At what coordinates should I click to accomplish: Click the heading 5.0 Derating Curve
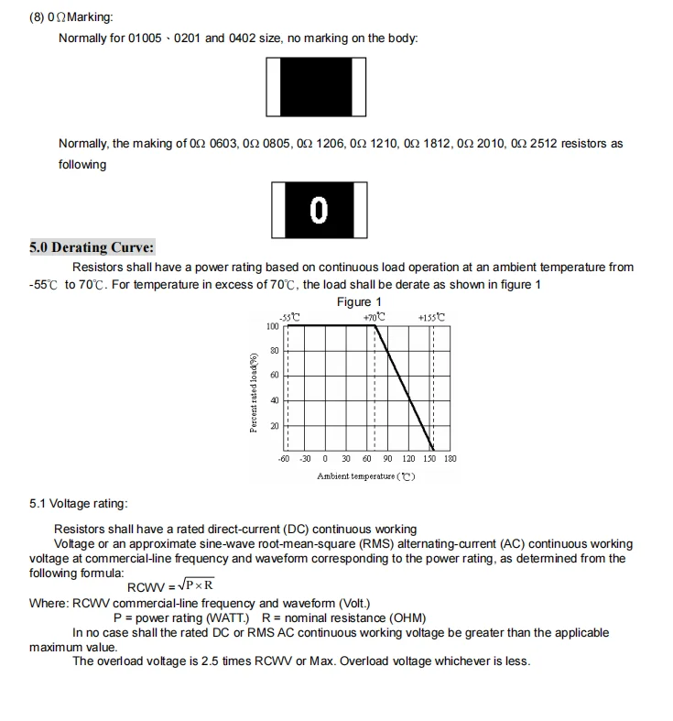pyautogui.click(x=92, y=247)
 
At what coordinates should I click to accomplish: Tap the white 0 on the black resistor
pyautogui.click(x=319, y=211)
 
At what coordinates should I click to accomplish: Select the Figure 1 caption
pyautogui.click(x=360, y=301)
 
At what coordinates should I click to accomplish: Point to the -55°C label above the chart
pyautogui.click(x=289, y=317)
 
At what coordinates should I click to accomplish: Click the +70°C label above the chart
pyautogui.click(x=374, y=317)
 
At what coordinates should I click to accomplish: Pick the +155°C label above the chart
pyautogui.click(x=431, y=317)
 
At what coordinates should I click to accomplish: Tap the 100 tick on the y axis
pyautogui.click(x=273, y=326)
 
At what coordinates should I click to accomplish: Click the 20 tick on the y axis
pyautogui.click(x=274, y=426)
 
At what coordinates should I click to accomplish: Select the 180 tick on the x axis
pyautogui.click(x=450, y=458)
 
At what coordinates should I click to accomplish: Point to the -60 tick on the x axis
pyautogui.click(x=284, y=458)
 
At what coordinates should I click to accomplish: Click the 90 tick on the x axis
pyautogui.click(x=387, y=458)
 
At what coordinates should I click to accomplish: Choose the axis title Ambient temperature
pyautogui.click(x=365, y=475)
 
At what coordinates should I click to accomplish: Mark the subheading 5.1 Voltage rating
pyautogui.click(x=79, y=503)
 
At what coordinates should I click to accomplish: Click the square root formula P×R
pyautogui.click(x=196, y=584)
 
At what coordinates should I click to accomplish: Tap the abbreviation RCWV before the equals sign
pyautogui.click(x=146, y=586)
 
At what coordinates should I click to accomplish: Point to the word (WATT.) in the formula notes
pyautogui.click(x=226, y=617)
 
